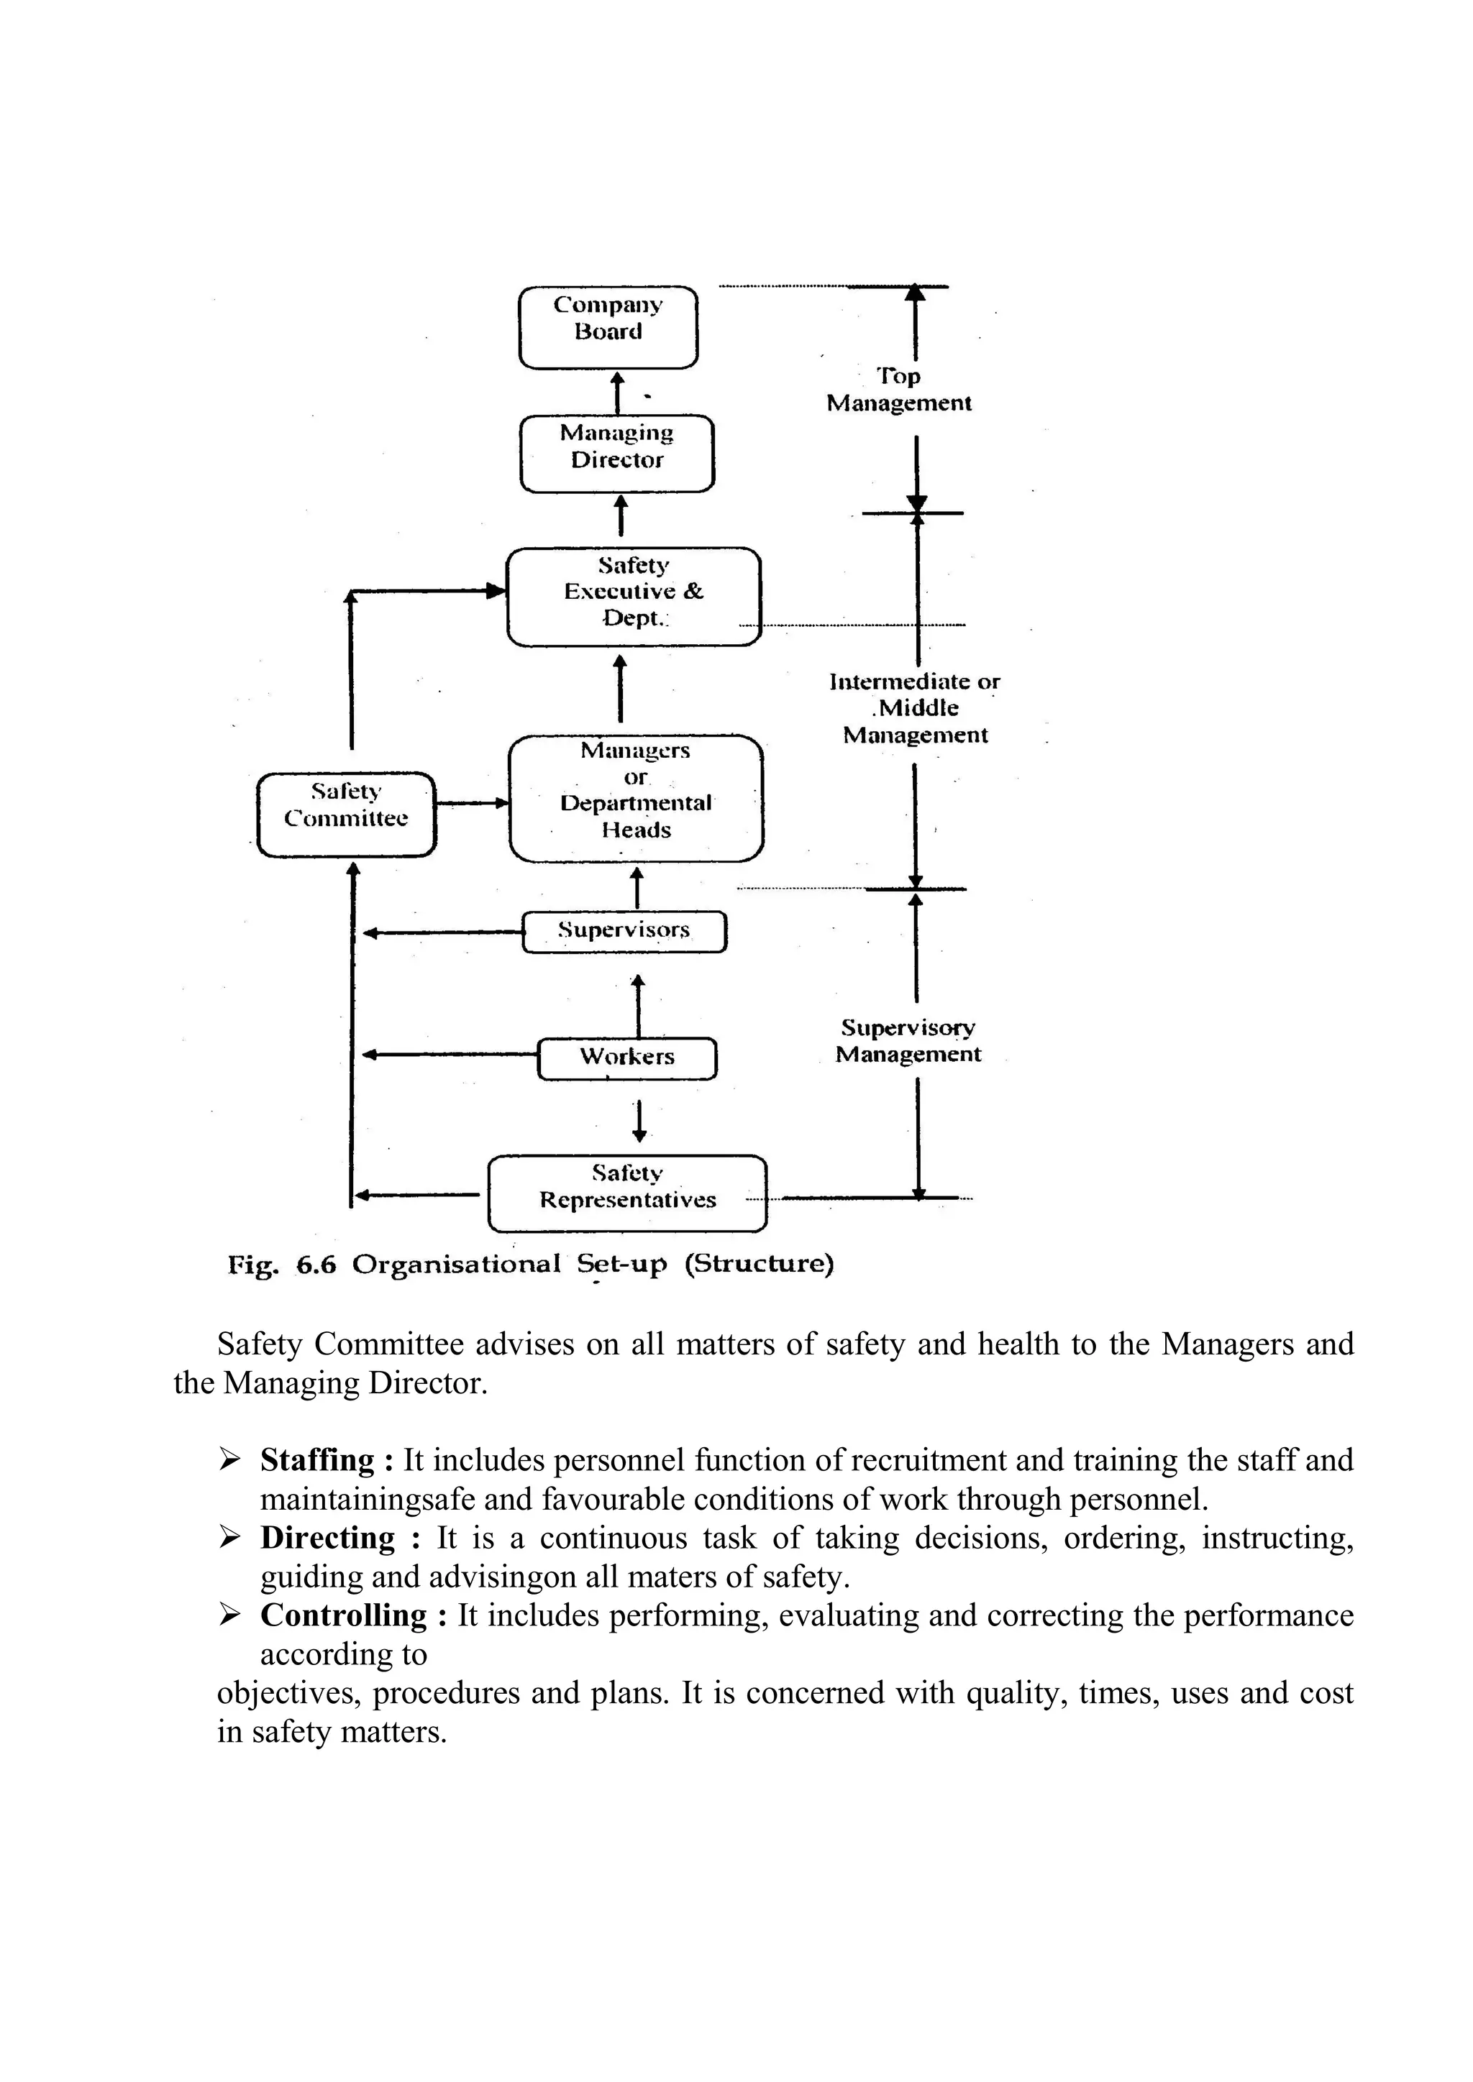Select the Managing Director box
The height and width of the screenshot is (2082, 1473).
617,454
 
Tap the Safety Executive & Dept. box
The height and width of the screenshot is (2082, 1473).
633,596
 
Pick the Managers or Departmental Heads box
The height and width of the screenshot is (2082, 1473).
636,798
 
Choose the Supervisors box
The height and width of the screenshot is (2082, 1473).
624,931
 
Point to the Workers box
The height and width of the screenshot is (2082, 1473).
626,1058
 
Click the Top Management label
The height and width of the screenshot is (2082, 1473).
899,390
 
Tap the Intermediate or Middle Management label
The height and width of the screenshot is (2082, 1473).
914,708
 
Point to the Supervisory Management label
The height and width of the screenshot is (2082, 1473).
908,1041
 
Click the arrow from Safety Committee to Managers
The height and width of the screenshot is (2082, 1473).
472,802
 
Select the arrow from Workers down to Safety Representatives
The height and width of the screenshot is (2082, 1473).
639,1121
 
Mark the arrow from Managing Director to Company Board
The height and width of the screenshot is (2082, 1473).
618,392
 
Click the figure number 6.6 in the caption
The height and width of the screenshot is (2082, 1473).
316,1264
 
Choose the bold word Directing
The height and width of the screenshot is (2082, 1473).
327,1538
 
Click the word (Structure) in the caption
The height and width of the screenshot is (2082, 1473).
758,1264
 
